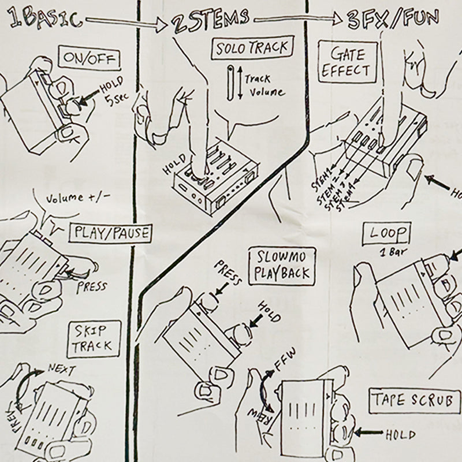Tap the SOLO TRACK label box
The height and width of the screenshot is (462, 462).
(251, 49)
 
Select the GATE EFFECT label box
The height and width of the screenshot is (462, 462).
(349, 63)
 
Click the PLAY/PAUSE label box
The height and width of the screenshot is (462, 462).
(110, 234)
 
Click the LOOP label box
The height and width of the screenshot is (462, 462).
(386, 234)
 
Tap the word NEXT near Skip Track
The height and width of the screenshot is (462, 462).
(61, 367)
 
